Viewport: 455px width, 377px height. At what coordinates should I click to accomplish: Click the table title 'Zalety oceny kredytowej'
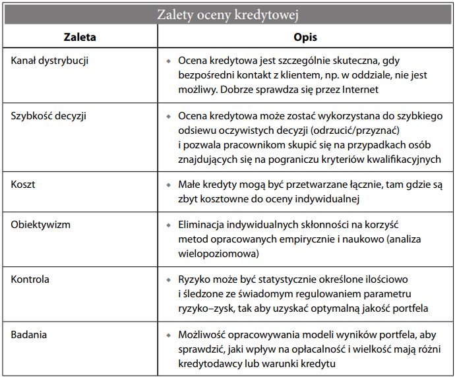click(x=228, y=14)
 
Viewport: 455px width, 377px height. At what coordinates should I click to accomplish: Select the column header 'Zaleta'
click(x=80, y=37)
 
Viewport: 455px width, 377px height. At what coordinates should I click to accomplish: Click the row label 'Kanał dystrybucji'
click(x=50, y=61)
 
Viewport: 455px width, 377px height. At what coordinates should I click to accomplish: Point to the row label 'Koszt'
click(x=24, y=185)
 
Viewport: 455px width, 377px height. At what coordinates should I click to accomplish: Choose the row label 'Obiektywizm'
click(x=41, y=225)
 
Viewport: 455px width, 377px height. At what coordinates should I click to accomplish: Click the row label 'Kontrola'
click(x=30, y=279)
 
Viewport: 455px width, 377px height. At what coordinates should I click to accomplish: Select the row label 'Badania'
click(x=30, y=334)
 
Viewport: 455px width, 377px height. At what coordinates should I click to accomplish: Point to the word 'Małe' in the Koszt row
click(x=190, y=185)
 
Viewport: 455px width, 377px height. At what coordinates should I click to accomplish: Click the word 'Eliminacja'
click(x=202, y=225)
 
